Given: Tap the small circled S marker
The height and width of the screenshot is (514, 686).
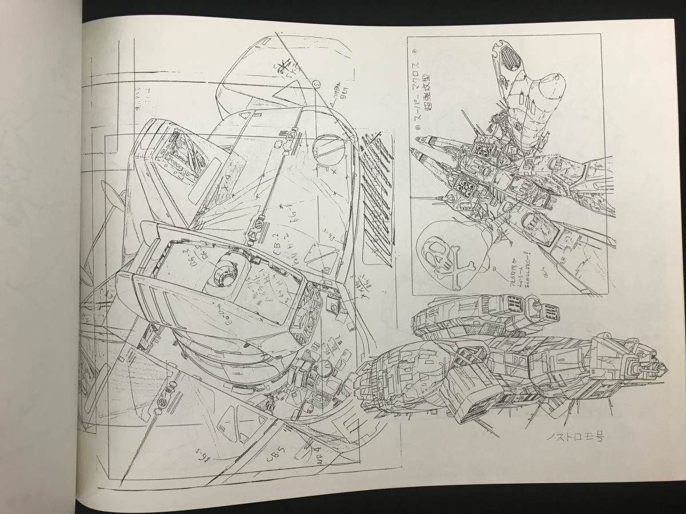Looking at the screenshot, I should point(316,84).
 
